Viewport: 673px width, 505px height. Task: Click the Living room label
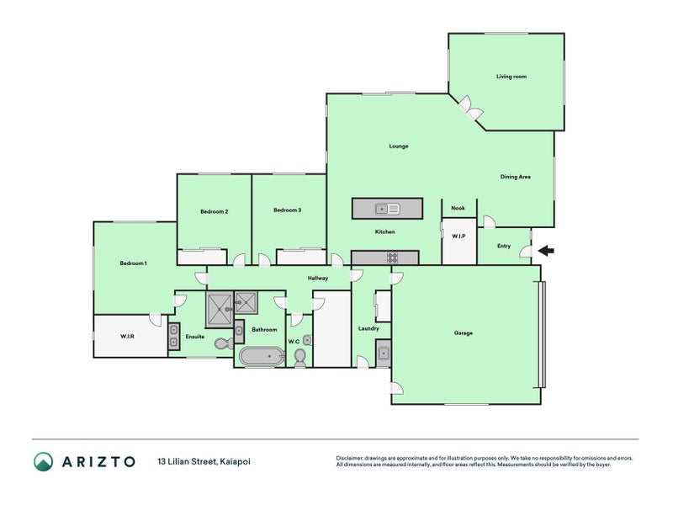tap(511, 77)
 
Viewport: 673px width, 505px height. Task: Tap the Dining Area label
tap(515, 177)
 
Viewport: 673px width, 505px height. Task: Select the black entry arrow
tap(546, 250)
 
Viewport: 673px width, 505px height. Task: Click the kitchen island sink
tap(388, 209)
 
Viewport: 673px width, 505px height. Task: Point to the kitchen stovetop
tap(392, 258)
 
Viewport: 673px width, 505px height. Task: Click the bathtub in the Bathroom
tap(262, 356)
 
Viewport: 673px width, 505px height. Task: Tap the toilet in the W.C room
tap(300, 357)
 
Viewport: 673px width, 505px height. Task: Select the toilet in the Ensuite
tap(224, 343)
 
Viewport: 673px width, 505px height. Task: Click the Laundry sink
tap(384, 353)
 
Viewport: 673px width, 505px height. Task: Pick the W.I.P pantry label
tap(458, 237)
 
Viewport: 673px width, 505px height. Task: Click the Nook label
tap(458, 208)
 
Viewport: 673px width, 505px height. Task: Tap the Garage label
tap(464, 332)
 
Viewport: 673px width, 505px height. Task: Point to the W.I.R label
tap(127, 336)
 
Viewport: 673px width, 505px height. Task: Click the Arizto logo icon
tap(44, 461)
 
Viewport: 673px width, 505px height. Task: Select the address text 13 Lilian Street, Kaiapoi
tap(204, 461)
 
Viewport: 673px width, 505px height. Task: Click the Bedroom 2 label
tap(215, 211)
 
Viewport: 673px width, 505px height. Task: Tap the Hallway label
tap(318, 279)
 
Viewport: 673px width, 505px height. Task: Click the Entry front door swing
tap(525, 252)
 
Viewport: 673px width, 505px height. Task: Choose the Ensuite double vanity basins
tap(174, 336)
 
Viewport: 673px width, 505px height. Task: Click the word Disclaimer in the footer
tap(349, 458)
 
